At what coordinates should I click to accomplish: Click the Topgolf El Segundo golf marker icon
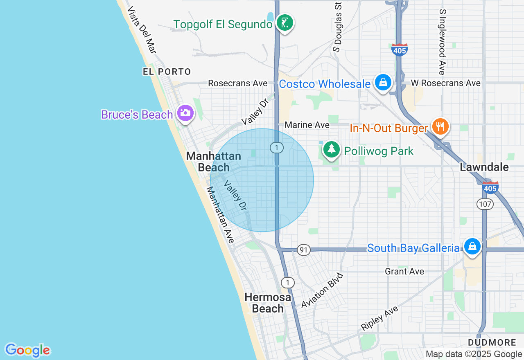click(284, 23)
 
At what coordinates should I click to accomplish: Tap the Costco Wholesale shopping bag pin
click(383, 83)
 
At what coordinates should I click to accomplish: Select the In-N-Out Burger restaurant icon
click(440, 126)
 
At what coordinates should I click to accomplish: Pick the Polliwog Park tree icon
click(331, 150)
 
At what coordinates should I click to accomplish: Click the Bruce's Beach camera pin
click(185, 113)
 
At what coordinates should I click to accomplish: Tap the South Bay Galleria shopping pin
click(472, 247)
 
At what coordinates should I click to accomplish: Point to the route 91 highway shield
click(304, 250)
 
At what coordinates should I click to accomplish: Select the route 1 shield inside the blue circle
click(277, 148)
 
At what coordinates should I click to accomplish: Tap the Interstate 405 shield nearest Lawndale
click(490, 187)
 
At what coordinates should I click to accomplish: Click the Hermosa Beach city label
click(268, 303)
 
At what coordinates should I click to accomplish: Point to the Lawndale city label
click(484, 167)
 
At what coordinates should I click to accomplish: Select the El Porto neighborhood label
click(167, 72)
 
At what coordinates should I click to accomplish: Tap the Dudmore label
click(492, 342)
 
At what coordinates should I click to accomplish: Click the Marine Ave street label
click(307, 125)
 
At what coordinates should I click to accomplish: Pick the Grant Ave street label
click(404, 271)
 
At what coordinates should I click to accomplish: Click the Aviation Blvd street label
click(321, 291)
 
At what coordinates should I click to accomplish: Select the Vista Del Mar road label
click(142, 29)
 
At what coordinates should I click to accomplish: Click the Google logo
click(28, 350)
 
